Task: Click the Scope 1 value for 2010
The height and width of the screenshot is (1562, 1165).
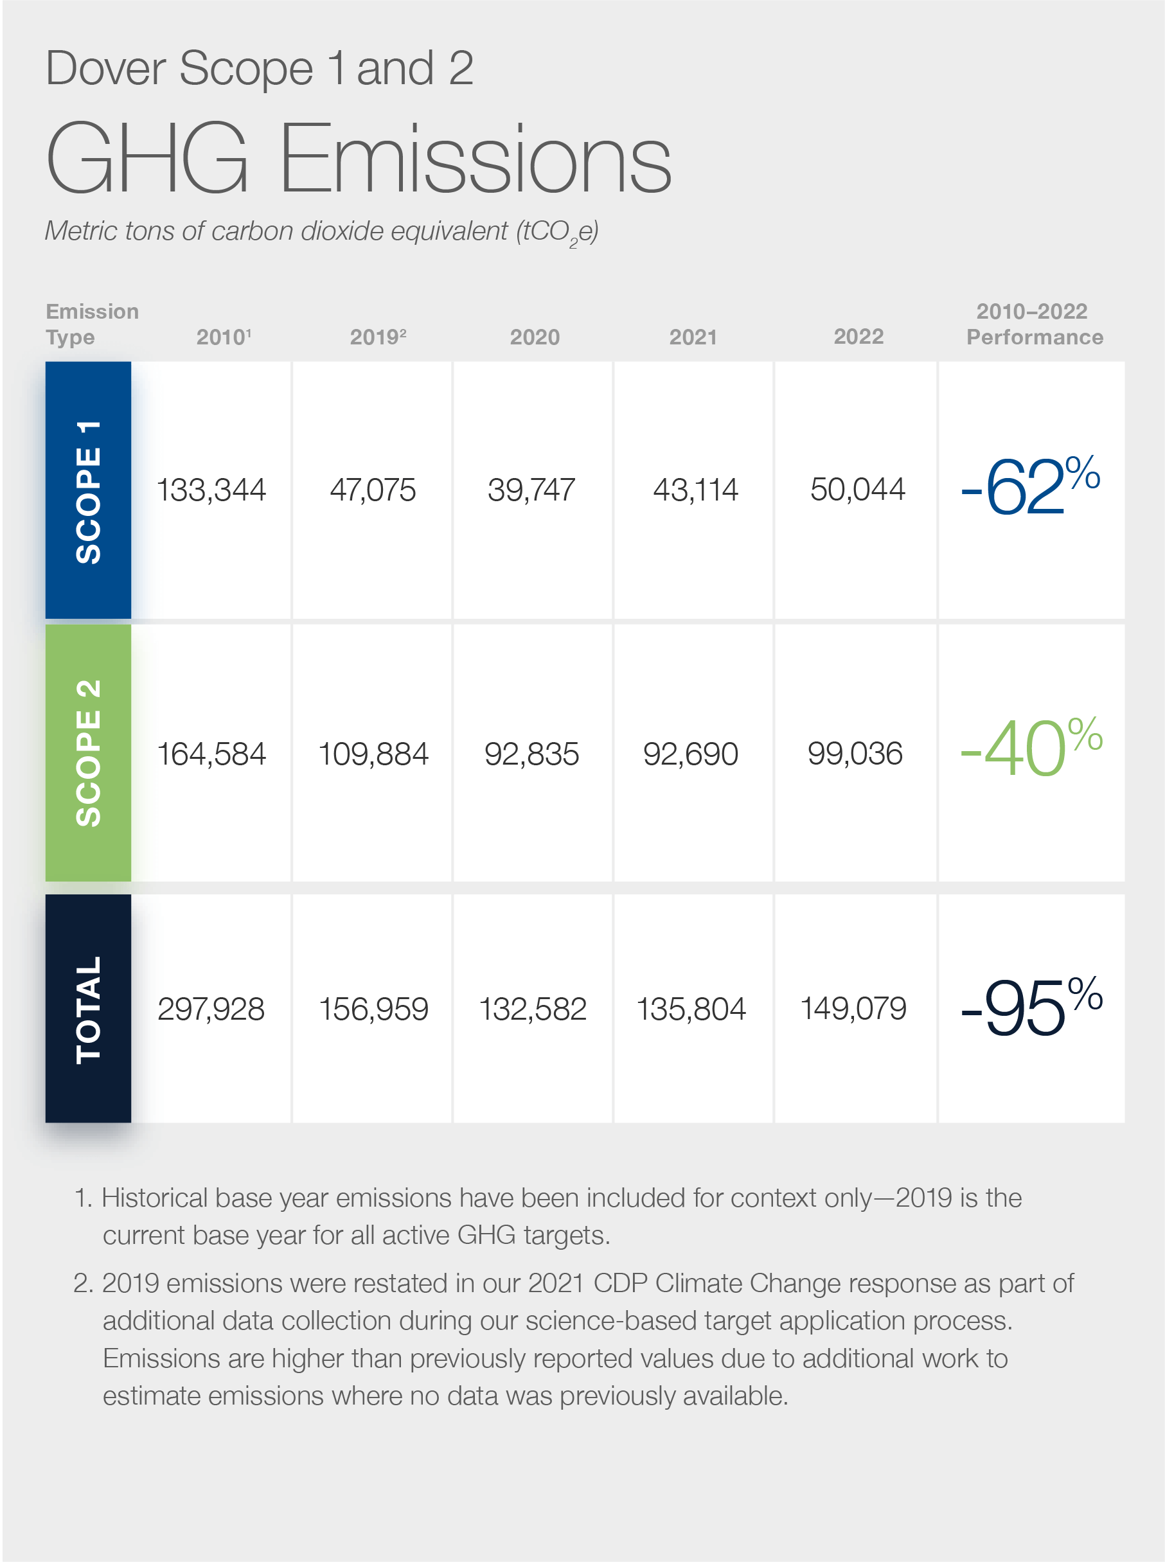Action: [211, 490]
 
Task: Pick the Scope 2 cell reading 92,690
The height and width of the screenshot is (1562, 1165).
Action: [690, 754]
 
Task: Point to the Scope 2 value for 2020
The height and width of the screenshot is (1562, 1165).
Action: [531, 754]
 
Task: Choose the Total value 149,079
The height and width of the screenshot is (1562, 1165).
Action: [853, 1008]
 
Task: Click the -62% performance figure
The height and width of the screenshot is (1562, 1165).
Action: [1030, 486]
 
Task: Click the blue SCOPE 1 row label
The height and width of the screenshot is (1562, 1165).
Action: [88, 491]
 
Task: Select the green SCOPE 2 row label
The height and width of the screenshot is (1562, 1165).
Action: [88, 753]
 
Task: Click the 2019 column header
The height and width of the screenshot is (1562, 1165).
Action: [377, 337]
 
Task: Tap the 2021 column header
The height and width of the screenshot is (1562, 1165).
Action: [693, 337]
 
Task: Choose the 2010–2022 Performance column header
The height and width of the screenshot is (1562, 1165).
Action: [1034, 324]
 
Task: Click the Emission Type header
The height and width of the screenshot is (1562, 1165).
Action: [92, 324]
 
